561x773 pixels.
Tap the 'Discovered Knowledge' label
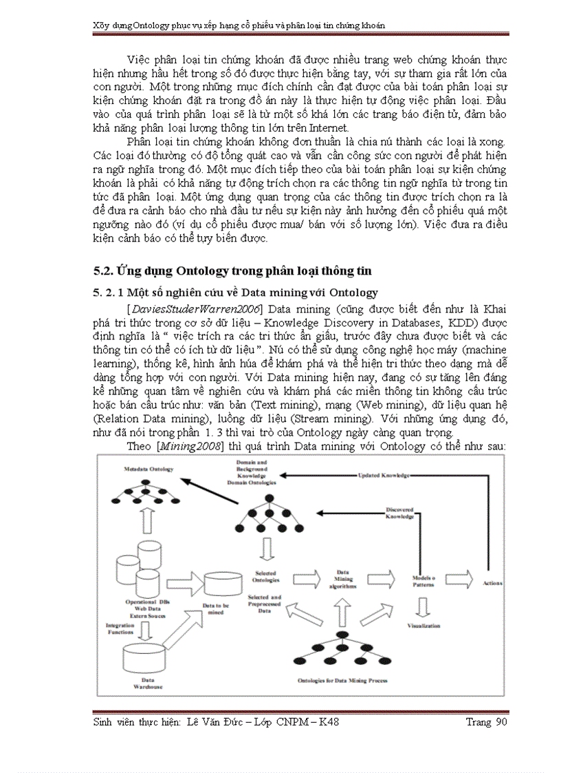pos(399,513)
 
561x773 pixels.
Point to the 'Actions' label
pos(492,583)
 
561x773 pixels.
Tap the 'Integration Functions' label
pos(120,628)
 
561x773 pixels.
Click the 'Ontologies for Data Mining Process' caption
pos(341,680)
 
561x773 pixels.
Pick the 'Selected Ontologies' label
pos(267,575)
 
